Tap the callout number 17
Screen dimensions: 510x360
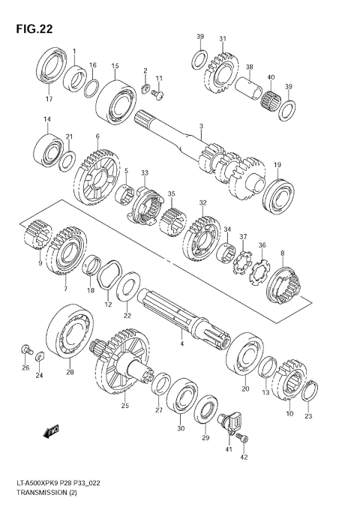click(x=49, y=99)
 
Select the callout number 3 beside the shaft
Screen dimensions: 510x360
click(x=201, y=126)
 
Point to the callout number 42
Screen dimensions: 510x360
click(x=243, y=457)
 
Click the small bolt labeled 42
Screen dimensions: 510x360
click(x=240, y=437)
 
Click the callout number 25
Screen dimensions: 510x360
click(x=124, y=406)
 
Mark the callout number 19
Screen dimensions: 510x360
click(x=277, y=165)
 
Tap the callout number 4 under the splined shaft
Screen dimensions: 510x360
click(x=181, y=343)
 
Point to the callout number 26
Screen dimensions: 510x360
click(x=25, y=367)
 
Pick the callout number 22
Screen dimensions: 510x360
click(x=127, y=314)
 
